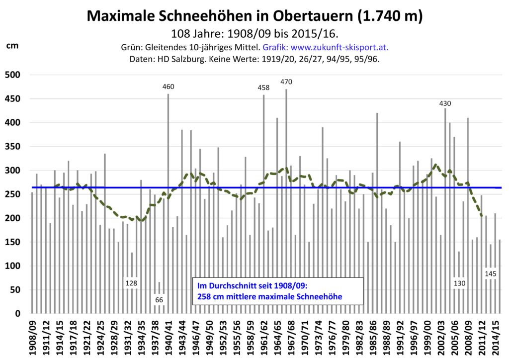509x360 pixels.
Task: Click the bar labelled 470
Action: (x=286, y=199)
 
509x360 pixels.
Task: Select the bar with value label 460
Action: (x=168, y=199)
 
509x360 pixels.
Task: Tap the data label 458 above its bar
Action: (x=263, y=88)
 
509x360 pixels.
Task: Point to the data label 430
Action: (x=445, y=103)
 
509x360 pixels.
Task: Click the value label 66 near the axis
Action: (x=159, y=300)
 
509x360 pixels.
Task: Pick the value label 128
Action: (x=131, y=283)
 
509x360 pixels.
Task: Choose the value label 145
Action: (x=490, y=274)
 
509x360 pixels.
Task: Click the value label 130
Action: (x=459, y=283)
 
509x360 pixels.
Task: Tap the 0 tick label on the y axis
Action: (x=17, y=314)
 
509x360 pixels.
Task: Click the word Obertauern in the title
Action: (x=304, y=16)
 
